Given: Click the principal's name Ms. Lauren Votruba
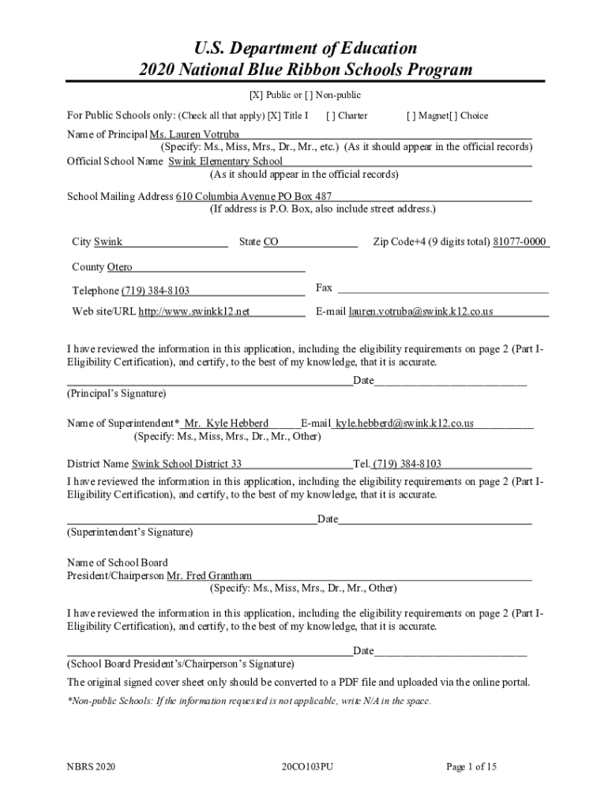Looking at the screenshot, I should point(194,134).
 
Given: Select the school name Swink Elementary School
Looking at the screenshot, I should point(225,161).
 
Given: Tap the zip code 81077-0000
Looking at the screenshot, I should point(520,242).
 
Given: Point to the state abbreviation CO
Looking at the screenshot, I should point(271,242).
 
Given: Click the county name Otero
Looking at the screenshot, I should point(114,267).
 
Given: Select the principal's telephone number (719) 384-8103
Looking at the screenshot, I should point(155,291).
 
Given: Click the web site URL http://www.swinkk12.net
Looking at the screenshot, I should point(194,311).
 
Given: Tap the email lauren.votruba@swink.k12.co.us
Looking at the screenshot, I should point(421,311).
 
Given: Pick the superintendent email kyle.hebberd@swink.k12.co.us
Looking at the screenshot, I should point(404,423).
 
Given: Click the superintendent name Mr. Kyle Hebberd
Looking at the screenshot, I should point(226,423).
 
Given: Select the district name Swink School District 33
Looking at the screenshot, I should point(186,464).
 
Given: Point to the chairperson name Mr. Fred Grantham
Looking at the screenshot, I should point(209,576).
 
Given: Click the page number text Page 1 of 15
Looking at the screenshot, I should point(471,766).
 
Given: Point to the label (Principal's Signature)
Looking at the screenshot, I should point(116,393).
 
